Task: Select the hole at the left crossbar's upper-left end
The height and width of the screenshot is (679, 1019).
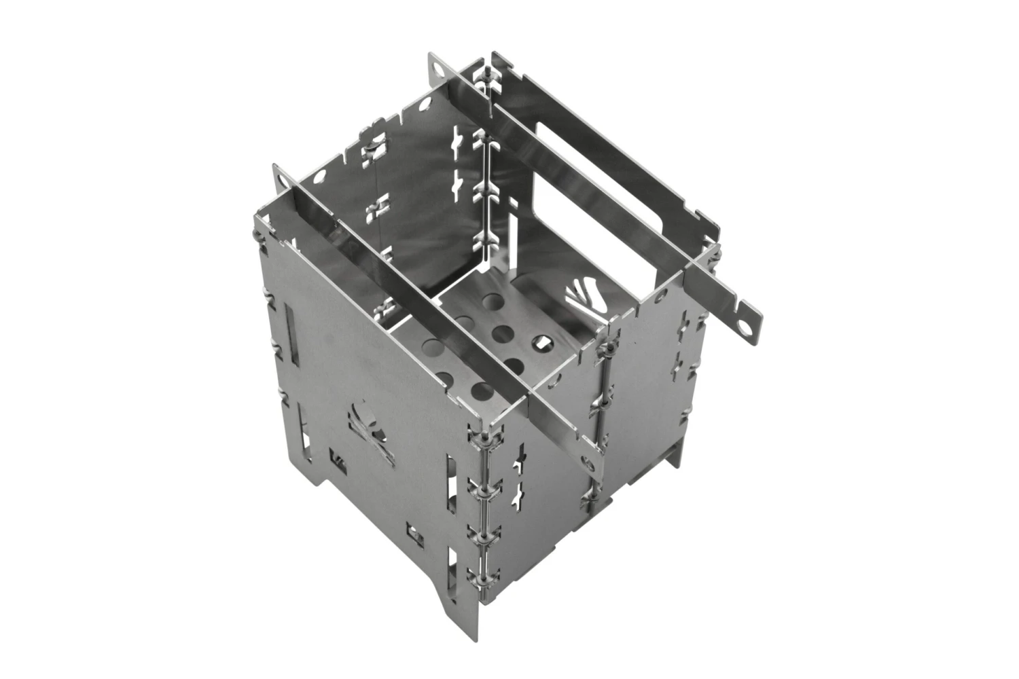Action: (x=280, y=178)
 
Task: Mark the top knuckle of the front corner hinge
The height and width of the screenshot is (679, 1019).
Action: (x=484, y=435)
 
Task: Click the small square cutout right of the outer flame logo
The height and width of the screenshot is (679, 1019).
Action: (x=414, y=528)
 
